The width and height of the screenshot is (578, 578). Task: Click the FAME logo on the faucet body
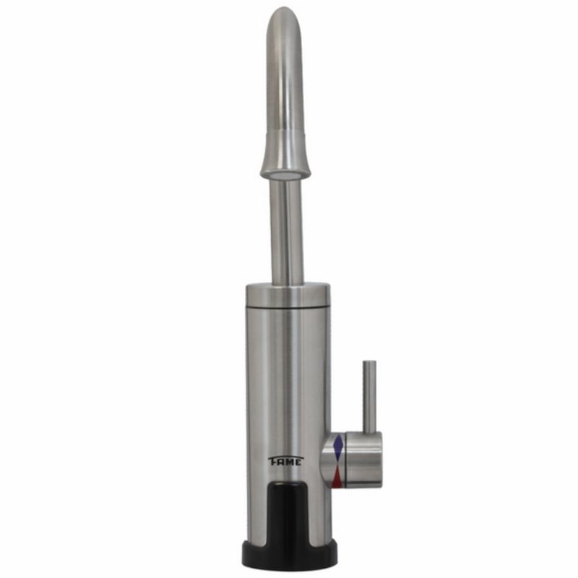tap(285, 461)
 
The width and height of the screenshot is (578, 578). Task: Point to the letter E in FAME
tap(299, 462)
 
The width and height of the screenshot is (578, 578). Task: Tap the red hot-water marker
tap(337, 478)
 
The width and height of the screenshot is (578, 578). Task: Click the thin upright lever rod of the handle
tap(369, 396)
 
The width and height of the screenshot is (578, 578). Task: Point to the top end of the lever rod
tap(369, 361)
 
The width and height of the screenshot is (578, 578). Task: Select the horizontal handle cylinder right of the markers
tap(363, 460)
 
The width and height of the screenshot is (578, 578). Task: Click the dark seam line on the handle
tap(345, 460)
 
